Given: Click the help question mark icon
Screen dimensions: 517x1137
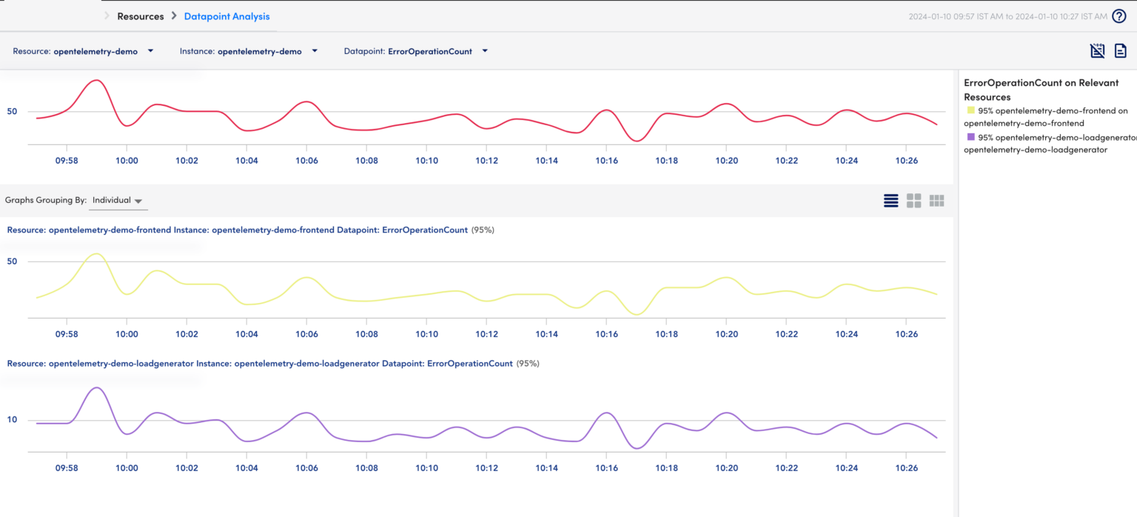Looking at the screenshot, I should [x=1119, y=16].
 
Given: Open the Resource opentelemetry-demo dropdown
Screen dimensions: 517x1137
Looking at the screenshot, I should [x=83, y=51].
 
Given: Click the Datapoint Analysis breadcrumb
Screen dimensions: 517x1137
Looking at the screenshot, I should [x=227, y=16].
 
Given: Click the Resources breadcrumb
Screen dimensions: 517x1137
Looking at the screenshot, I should [x=140, y=16].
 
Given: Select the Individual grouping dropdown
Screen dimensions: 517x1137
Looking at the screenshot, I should [x=117, y=201].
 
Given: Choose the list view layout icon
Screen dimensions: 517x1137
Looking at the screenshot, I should [x=891, y=201].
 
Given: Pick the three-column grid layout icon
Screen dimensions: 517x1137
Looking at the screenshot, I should [x=937, y=201].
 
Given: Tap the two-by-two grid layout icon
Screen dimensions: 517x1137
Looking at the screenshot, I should [x=914, y=201].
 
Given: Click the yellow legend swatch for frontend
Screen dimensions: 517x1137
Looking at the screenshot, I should [x=970, y=110].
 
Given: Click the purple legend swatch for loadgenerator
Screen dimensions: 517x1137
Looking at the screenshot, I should [x=970, y=137].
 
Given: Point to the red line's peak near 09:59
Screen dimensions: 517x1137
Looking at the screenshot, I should [x=96, y=80].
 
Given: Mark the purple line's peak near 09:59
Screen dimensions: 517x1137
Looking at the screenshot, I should [x=96, y=387].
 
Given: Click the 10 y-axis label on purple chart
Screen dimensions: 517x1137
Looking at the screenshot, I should [x=12, y=420].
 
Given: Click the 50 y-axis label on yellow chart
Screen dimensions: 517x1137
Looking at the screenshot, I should [x=12, y=261].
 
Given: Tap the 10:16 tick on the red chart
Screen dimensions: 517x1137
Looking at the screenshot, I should [x=606, y=160].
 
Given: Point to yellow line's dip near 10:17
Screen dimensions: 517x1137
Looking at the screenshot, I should [x=637, y=315].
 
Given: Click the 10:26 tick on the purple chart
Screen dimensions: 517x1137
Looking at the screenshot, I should [x=907, y=468].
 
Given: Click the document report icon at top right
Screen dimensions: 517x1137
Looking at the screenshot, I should [x=1121, y=50].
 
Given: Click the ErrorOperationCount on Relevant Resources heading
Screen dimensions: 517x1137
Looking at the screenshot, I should [x=1041, y=90].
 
